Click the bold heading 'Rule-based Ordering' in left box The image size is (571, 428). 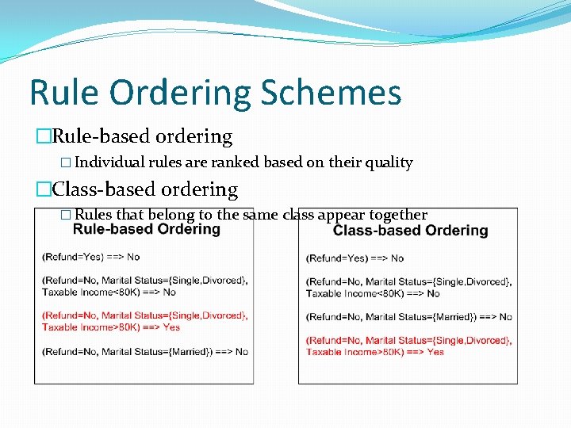[147, 230]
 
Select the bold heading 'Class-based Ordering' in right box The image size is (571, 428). [410, 231]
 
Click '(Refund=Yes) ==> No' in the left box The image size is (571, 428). [91, 257]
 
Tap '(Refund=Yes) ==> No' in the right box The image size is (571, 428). [355, 258]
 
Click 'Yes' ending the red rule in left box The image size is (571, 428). [171, 327]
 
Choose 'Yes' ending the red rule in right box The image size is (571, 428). [435, 352]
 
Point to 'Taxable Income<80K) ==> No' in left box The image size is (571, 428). [109, 292]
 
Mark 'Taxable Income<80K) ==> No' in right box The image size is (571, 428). [373, 293]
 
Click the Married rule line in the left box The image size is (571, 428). [145, 351]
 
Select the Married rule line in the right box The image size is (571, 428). [409, 317]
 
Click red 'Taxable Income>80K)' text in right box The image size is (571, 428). [350, 352]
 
